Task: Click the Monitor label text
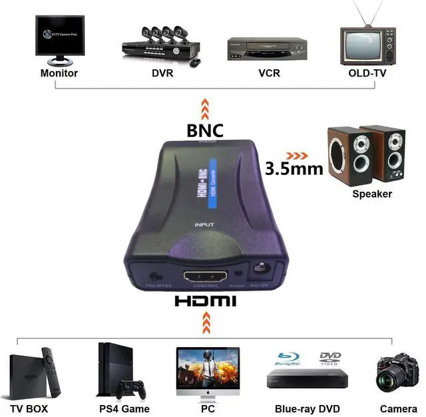point(59,73)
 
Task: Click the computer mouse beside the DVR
point(195,62)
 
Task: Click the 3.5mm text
point(294,168)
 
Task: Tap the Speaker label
point(372,194)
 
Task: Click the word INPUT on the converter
point(204,225)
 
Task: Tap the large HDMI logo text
point(205,301)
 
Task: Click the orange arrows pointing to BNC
point(205,108)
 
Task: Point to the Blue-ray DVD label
point(308,409)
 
